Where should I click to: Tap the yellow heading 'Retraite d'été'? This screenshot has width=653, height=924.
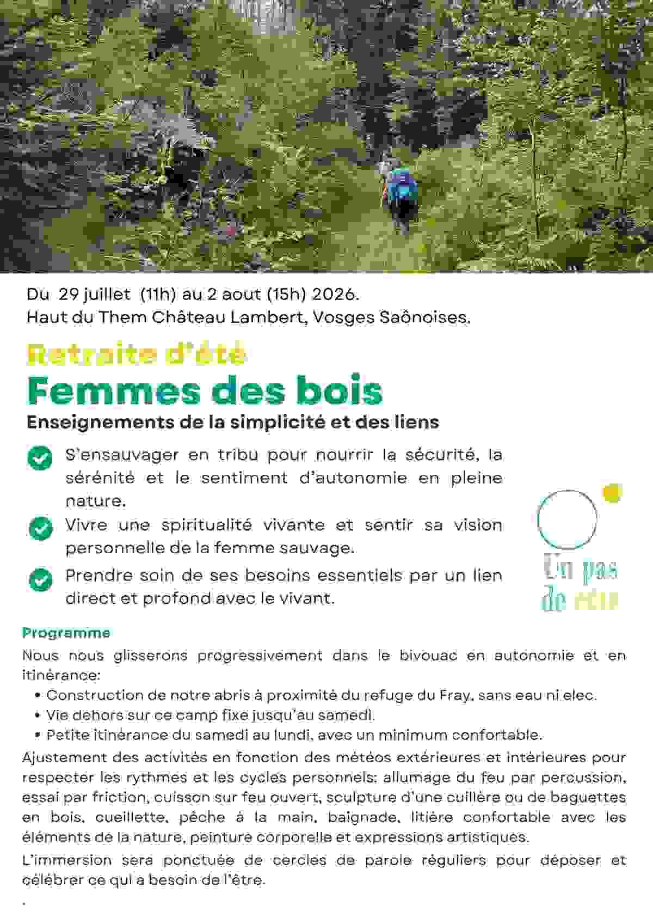click(137, 354)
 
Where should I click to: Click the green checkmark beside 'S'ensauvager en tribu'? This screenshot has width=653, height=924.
click(40, 458)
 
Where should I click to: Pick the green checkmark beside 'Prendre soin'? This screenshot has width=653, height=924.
click(40, 579)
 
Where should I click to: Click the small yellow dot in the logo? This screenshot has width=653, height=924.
click(613, 493)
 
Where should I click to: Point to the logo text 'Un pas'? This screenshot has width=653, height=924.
click(580, 570)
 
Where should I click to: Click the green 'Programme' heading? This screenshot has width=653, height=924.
click(66, 633)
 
